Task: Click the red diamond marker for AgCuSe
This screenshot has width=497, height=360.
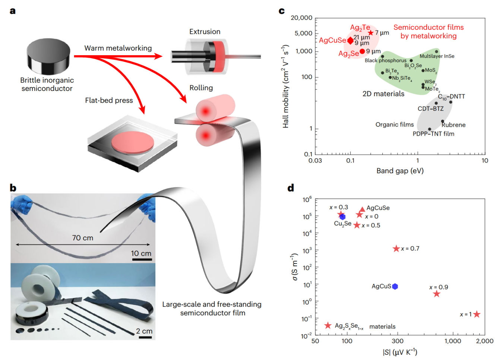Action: click(x=350, y=41)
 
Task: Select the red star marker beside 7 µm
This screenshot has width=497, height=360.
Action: click(x=370, y=33)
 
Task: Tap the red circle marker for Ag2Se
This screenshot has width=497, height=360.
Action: click(x=362, y=51)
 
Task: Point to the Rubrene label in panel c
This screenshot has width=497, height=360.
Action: click(x=453, y=125)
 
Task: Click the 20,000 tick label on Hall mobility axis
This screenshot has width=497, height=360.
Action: click(x=301, y=18)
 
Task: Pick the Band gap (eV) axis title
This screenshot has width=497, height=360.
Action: click(x=400, y=171)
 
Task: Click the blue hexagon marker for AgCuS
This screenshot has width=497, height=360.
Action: click(x=395, y=286)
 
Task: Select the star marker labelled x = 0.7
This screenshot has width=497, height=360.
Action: click(x=396, y=249)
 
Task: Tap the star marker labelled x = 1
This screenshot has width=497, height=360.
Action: click(x=477, y=314)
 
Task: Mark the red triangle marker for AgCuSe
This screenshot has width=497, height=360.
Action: click(x=362, y=209)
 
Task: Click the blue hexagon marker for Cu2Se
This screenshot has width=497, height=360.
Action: click(x=342, y=217)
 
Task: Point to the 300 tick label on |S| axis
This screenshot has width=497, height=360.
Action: click(x=397, y=341)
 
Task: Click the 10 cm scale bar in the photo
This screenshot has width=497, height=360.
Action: click(x=142, y=259)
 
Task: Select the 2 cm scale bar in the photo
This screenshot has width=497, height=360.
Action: click(x=145, y=337)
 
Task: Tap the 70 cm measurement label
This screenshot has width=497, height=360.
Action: click(x=83, y=238)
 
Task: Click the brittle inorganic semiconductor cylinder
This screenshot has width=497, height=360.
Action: click(x=48, y=56)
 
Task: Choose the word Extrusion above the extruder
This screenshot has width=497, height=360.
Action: click(x=205, y=32)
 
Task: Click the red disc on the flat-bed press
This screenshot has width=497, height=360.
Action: click(x=133, y=142)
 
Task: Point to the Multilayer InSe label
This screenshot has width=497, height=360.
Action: click(x=437, y=56)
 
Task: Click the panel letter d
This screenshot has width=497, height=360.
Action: click(x=291, y=188)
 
